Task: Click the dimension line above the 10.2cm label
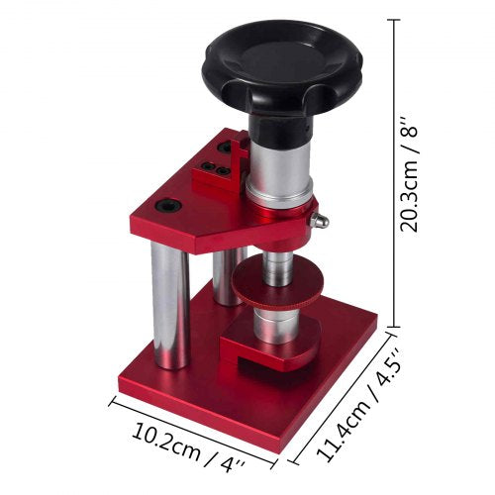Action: point(193,423)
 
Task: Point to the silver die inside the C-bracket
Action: point(276,327)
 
